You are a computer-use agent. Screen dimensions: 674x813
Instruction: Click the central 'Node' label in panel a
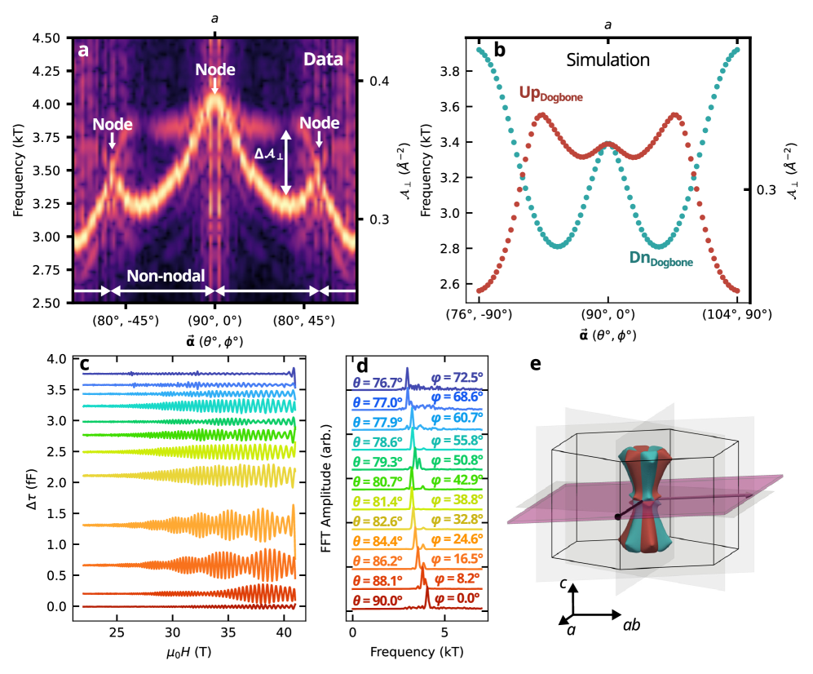(x=214, y=70)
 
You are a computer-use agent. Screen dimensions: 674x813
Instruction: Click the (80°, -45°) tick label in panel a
(x=126, y=321)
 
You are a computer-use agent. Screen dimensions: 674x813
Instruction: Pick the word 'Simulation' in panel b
(x=608, y=60)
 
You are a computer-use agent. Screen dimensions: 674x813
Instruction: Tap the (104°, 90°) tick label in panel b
(x=736, y=314)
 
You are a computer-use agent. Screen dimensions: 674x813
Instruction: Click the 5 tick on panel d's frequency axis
(x=443, y=632)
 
